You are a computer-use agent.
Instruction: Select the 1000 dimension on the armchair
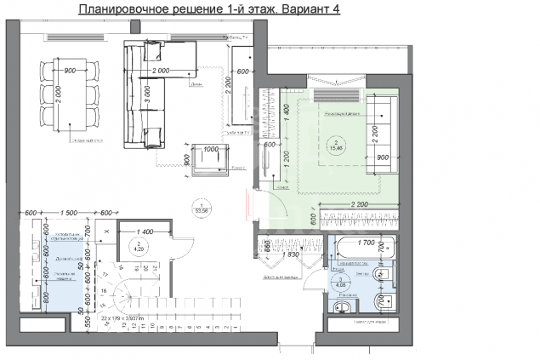click(211, 148)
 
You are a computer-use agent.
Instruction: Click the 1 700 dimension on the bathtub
click(367, 243)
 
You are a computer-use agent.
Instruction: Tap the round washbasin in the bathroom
click(347, 307)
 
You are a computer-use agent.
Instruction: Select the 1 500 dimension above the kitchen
click(71, 213)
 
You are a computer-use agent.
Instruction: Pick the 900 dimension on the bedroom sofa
click(384, 157)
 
